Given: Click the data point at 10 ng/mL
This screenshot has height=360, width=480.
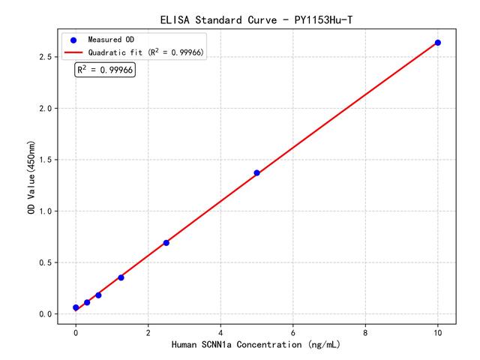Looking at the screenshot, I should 438,43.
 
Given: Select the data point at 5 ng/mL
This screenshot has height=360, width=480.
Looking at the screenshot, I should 256,173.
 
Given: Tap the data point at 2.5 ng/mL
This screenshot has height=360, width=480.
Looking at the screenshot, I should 166,242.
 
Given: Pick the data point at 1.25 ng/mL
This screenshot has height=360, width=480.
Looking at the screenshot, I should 121,277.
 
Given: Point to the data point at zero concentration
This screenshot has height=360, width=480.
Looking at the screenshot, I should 76,307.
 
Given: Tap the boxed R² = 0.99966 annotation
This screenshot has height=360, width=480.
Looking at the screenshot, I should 105,70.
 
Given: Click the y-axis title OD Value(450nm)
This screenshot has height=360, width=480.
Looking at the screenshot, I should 31,177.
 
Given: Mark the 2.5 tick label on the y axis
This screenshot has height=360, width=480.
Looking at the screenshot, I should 44,57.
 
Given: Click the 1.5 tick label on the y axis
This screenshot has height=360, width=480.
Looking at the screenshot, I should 44,160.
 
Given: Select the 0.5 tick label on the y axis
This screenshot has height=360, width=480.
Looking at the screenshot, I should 44,262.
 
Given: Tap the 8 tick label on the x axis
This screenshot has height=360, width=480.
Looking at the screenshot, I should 365,331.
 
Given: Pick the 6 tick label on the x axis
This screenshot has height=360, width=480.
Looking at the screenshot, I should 293,331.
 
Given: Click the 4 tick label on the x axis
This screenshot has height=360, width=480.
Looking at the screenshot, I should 220,331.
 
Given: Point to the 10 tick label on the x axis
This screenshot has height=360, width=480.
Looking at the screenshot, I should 438,331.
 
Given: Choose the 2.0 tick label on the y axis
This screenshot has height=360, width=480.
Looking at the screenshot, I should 44,109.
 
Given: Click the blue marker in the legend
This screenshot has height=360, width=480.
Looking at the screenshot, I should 73,39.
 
